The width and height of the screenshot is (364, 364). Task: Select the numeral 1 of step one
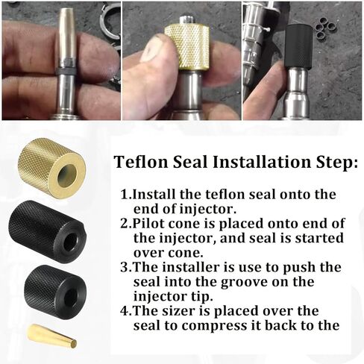coord(125,194)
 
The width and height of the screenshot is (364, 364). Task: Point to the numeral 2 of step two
coord(125,223)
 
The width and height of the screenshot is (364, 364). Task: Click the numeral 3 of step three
coord(125,267)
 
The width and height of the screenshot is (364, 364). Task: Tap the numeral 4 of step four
coord(125,311)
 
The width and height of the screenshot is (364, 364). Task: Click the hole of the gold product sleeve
coord(66,174)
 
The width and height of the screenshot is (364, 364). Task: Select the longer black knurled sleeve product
coord(47,232)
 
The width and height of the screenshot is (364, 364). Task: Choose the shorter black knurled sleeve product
coord(55,292)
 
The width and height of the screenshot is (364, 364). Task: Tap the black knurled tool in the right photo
coord(299,47)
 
